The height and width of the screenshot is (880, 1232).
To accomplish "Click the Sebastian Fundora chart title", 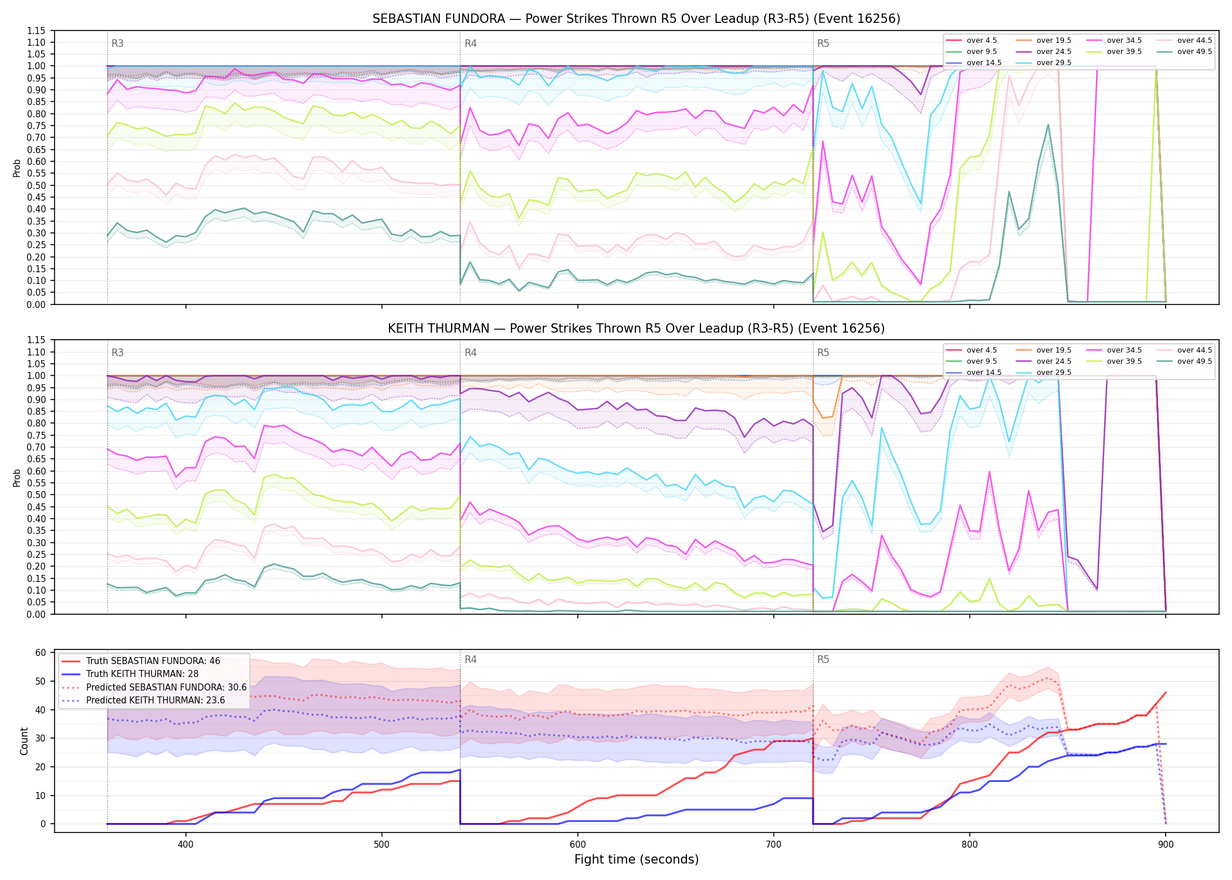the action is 636,19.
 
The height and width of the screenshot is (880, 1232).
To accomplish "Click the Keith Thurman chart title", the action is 636,329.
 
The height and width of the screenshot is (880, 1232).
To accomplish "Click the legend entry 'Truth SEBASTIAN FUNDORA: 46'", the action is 141,661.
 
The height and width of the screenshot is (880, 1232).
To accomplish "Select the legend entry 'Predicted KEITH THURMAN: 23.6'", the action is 143,700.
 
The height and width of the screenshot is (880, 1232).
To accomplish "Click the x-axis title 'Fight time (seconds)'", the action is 637,859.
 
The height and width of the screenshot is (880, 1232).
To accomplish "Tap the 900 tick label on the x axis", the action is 1166,844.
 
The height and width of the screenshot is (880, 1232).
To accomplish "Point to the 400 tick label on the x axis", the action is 186,844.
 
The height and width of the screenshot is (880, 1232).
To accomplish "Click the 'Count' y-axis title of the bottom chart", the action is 24,741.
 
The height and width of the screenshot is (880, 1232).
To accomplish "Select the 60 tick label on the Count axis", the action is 40,652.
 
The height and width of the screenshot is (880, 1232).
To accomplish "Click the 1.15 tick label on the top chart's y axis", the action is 36,31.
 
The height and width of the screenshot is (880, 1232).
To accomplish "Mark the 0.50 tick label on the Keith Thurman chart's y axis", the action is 36,495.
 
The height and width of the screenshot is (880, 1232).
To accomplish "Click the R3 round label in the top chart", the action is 117,43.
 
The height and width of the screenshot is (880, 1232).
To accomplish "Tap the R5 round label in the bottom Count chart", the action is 823,659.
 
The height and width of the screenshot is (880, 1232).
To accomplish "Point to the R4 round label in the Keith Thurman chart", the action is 471,353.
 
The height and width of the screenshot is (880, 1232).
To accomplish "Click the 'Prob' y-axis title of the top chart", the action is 17,168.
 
